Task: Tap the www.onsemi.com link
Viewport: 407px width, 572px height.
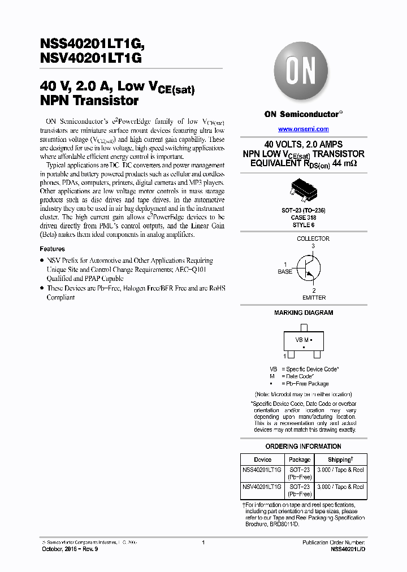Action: (x=303, y=129)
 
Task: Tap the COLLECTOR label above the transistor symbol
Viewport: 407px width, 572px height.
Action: (x=313, y=239)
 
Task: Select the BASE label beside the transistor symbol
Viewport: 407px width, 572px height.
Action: (x=285, y=272)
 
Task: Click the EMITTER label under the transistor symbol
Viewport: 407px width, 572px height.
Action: (x=314, y=297)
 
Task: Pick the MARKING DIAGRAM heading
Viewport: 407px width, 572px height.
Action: (x=304, y=313)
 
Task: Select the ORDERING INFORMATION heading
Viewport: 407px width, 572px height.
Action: (x=303, y=447)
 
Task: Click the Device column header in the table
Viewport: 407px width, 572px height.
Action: (x=262, y=460)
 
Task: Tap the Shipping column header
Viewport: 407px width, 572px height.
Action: (x=340, y=460)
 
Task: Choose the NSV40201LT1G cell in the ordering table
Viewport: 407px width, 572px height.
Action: (x=262, y=487)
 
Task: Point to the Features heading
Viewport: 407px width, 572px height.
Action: (x=52, y=249)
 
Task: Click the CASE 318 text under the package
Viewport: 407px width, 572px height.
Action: (x=303, y=217)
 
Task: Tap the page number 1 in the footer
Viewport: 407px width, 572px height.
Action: (x=203, y=542)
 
